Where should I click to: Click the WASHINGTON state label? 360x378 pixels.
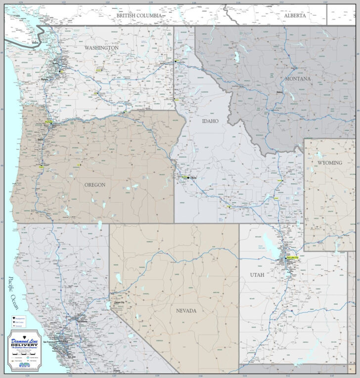pos(101,48)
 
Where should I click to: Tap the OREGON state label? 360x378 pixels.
pos(95,185)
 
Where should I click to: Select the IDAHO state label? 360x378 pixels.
pos(210,121)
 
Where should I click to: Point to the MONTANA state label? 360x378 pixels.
pos(298,79)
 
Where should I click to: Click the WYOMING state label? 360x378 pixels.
pos(329,163)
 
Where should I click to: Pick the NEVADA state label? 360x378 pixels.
pos(186,310)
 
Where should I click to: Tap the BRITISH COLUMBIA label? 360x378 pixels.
pos(139,16)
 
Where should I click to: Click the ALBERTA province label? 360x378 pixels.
pos(295,16)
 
